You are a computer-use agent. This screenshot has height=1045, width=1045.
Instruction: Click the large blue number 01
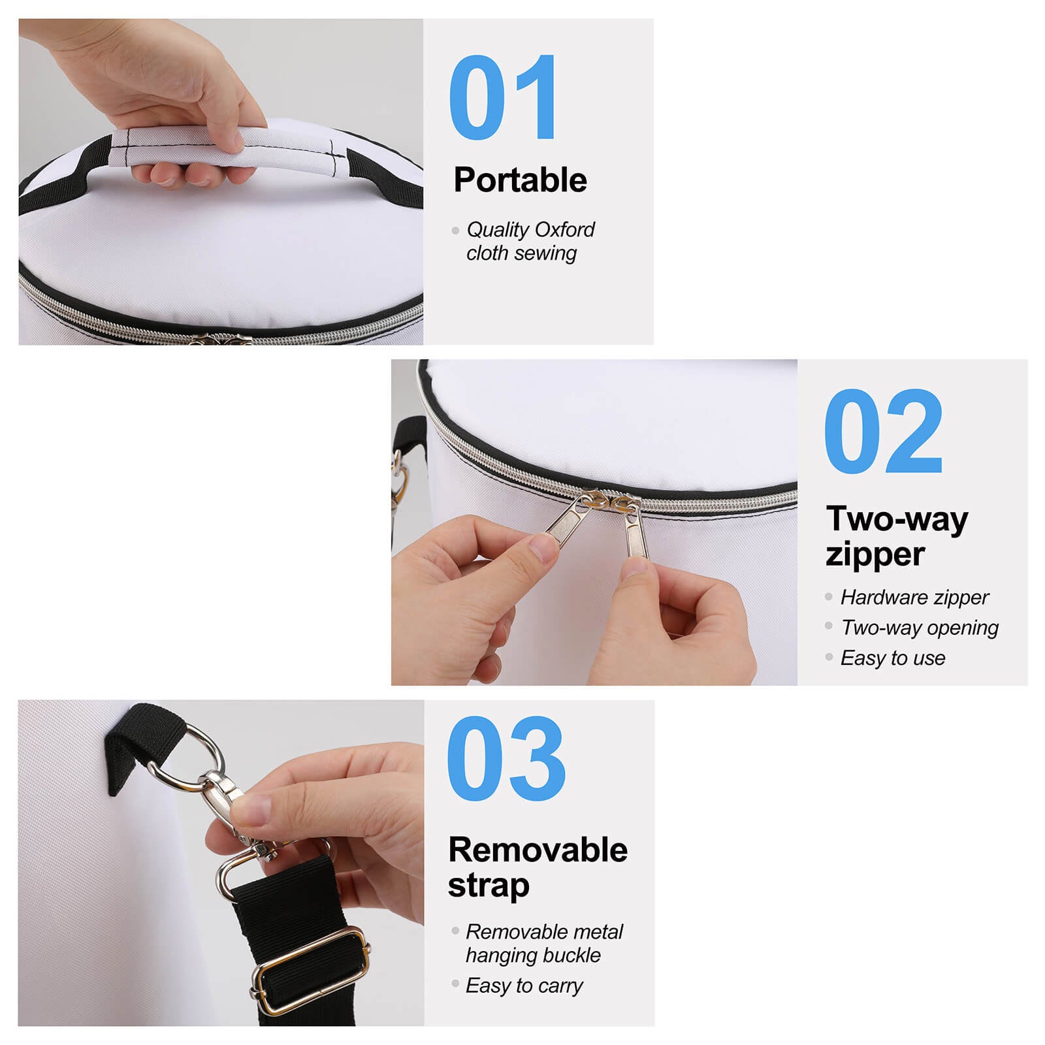(x=503, y=98)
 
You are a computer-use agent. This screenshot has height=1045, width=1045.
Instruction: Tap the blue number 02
(x=883, y=432)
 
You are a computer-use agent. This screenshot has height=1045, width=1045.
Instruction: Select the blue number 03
(x=506, y=759)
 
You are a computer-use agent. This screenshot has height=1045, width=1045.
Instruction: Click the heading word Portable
(x=520, y=180)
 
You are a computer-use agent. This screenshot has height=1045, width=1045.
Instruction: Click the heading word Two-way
(x=897, y=519)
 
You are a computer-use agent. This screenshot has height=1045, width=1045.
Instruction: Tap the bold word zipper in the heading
(x=875, y=555)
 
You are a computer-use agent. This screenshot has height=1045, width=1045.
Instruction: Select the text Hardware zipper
(x=914, y=597)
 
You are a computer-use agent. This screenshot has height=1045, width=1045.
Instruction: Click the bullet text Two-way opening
(x=920, y=628)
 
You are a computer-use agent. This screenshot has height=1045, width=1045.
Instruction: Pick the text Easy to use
(x=893, y=658)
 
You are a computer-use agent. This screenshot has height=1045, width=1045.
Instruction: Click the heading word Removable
(x=538, y=850)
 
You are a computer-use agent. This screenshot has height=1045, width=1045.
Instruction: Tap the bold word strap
(x=489, y=886)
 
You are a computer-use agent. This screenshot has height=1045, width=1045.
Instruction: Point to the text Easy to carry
(x=524, y=986)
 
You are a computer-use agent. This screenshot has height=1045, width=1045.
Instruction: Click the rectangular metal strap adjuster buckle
(x=311, y=971)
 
